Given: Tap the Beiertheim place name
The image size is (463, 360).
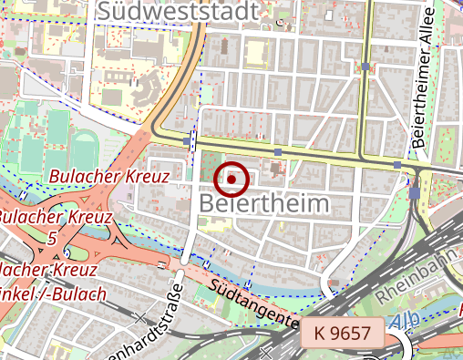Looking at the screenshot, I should (262, 203).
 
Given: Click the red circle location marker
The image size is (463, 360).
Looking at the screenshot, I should (234, 180).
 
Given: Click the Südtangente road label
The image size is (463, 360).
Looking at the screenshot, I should (253, 303).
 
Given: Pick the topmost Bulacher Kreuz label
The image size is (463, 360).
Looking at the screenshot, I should (109, 176).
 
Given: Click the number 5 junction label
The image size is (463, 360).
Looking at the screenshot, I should (52, 238).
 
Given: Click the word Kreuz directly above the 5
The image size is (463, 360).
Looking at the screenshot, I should (87, 218).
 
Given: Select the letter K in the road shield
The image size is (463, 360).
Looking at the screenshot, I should (319, 334).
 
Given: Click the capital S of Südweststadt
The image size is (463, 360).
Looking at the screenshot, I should (106, 12).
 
